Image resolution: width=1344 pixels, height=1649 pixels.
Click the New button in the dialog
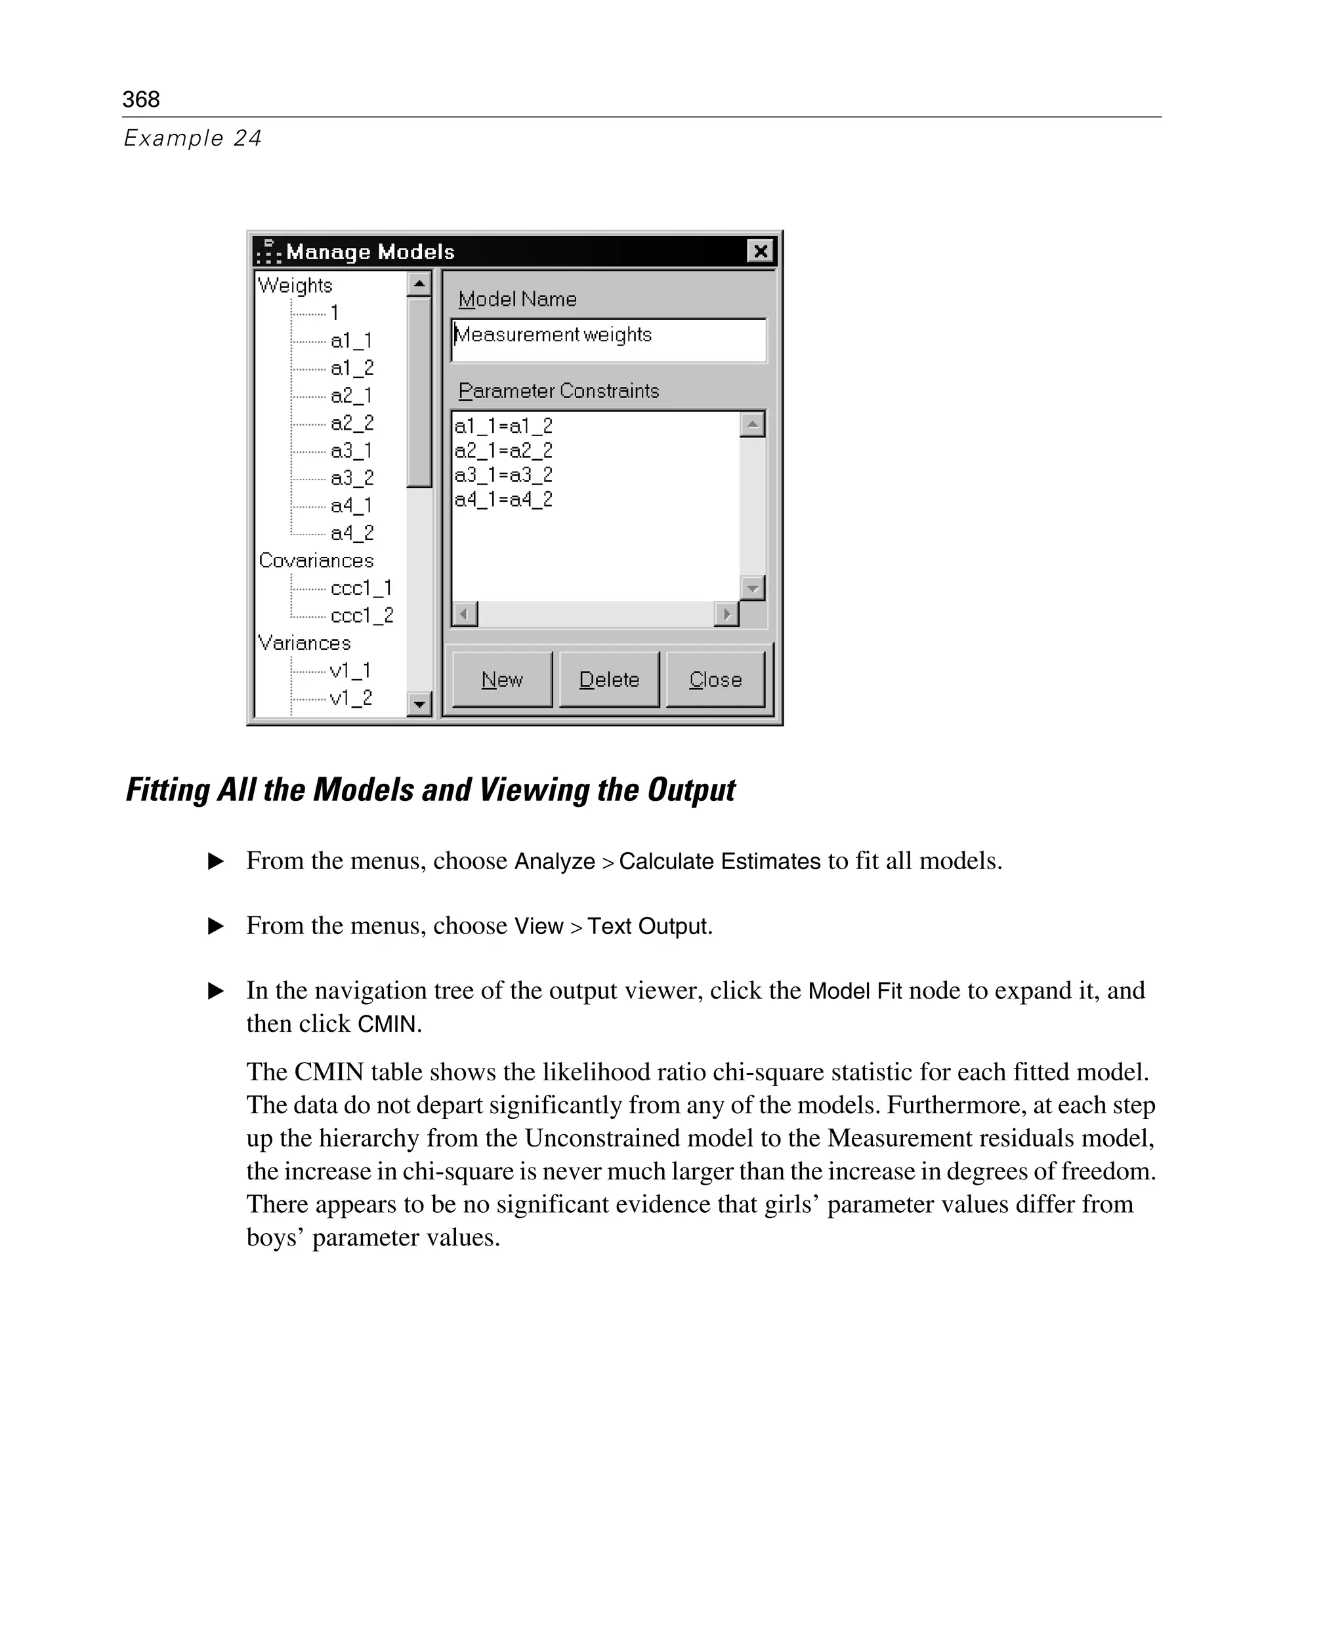(501, 680)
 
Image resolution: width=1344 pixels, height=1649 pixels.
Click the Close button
(715, 680)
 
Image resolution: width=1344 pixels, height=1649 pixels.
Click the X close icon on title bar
(760, 251)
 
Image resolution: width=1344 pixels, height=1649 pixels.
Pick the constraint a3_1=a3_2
(503, 475)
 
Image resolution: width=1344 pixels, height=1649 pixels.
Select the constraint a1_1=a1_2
(503, 426)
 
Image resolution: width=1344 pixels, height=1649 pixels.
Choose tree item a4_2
(352, 533)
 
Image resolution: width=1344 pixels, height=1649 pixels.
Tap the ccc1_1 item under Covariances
(361, 588)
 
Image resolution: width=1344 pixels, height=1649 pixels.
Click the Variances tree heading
(304, 643)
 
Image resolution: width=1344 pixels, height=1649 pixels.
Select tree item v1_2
(350, 698)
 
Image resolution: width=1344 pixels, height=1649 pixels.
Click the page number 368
(141, 99)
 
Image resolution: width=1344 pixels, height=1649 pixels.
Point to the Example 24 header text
(193, 138)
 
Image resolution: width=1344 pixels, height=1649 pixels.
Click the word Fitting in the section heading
(168, 790)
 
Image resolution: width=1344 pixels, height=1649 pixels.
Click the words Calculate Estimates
(719, 861)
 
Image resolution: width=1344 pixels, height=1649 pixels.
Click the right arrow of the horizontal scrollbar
(726, 615)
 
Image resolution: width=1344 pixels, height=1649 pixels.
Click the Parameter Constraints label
(558, 391)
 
